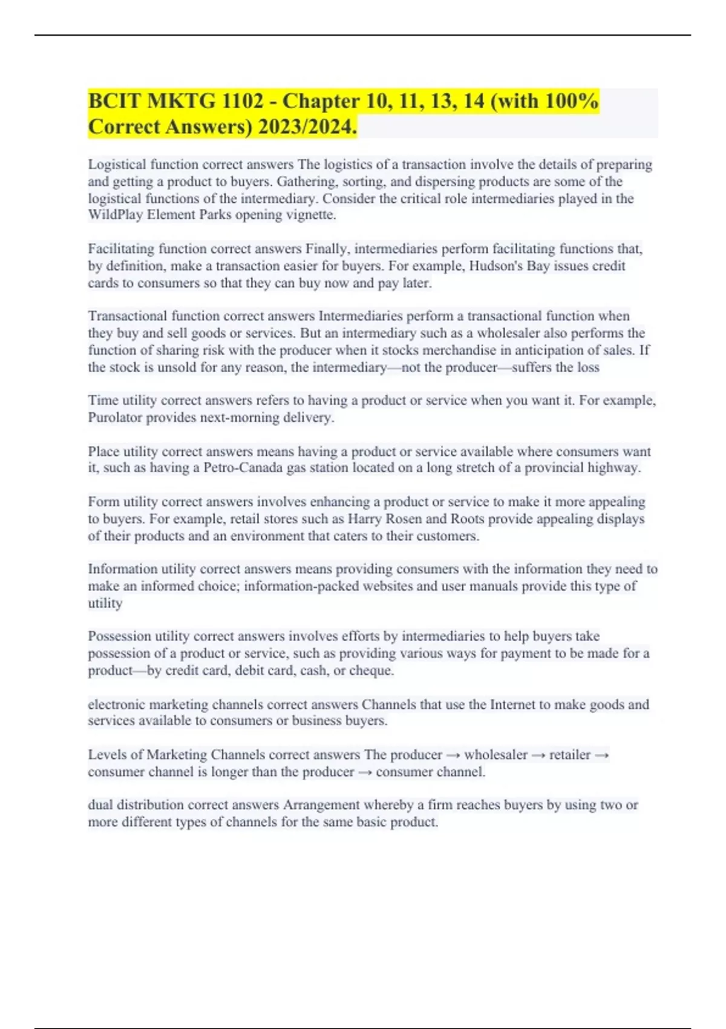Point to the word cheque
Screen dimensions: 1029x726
point(371,671)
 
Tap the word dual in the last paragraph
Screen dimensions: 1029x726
point(100,805)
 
